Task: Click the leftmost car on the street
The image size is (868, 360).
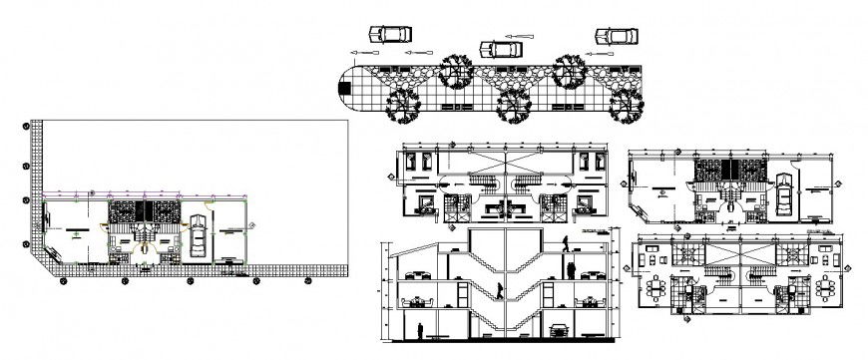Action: coord(388,33)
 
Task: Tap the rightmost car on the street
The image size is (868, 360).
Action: coord(617,36)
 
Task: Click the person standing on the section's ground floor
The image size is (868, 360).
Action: coord(420,330)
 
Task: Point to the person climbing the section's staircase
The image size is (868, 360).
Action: coord(498,289)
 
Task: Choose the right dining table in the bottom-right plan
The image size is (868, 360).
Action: coord(824,289)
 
